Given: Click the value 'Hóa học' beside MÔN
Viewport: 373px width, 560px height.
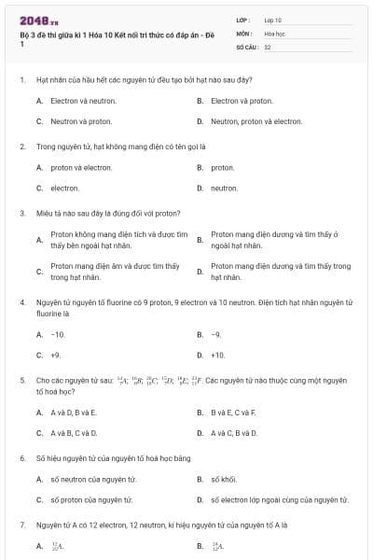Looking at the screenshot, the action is coord(274,33).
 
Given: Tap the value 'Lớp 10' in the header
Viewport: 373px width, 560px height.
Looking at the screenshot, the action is coord(273,20).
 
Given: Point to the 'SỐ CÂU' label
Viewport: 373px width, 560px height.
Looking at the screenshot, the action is coord(246,46).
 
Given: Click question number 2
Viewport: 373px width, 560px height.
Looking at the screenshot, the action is coord(21,147).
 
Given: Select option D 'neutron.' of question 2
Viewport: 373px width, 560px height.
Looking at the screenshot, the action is coord(224,189).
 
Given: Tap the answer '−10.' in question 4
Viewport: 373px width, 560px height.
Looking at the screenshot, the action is coord(58,334).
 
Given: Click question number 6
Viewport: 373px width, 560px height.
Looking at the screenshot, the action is coord(21,458).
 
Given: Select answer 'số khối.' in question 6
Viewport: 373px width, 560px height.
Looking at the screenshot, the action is coord(224,479).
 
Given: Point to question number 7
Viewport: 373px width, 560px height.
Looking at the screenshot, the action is coord(21,525).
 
